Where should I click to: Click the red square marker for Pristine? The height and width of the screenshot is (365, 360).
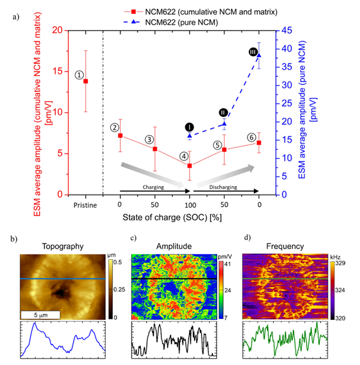[x=86, y=81]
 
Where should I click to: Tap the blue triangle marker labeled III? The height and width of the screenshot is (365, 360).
[x=259, y=55]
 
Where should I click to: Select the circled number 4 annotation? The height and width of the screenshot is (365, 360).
[x=184, y=156]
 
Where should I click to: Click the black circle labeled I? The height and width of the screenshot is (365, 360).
[x=190, y=127]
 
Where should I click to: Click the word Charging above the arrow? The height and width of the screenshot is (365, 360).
[x=154, y=187]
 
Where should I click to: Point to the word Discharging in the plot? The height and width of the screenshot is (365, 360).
[x=224, y=187]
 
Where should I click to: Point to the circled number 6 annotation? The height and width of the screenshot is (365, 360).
[x=251, y=137]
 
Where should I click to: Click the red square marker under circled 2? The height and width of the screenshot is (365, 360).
[x=120, y=136]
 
